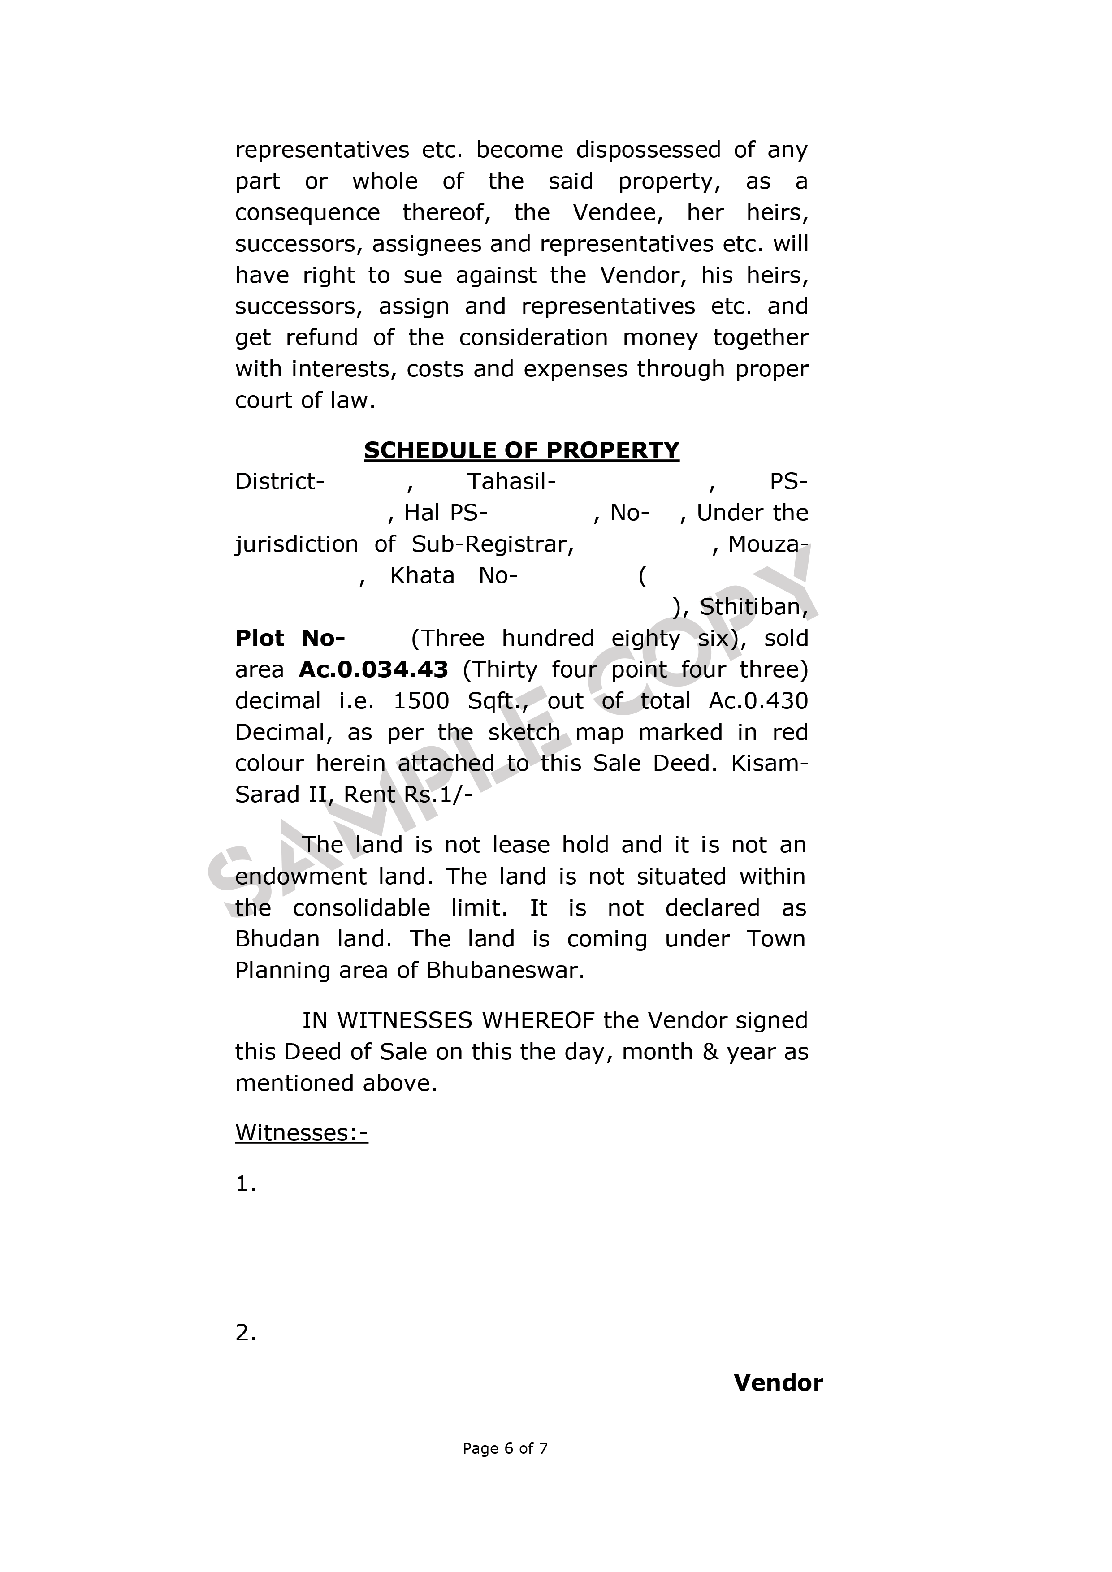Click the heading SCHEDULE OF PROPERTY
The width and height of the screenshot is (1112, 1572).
click(521, 450)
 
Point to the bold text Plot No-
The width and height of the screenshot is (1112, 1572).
click(290, 638)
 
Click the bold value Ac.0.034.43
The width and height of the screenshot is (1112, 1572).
click(373, 669)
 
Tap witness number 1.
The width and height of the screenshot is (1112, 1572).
click(245, 1183)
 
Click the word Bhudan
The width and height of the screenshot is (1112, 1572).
click(277, 939)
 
